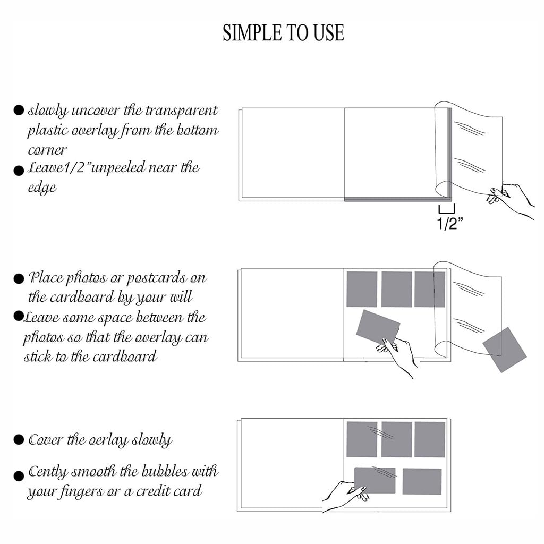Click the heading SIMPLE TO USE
click(x=283, y=33)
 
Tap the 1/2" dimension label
click(x=450, y=223)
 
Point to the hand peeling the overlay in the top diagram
click(x=512, y=200)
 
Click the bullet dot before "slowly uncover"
click(x=19, y=110)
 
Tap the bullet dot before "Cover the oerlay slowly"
click(x=19, y=439)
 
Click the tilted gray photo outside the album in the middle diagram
click(x=505, y=350)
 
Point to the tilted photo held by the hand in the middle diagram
click(x=378, y=327)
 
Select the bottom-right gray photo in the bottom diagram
click(x=422, y=481)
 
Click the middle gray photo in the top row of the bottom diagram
click(x=396, y=439)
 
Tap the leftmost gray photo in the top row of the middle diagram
click(x=362, y=290)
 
